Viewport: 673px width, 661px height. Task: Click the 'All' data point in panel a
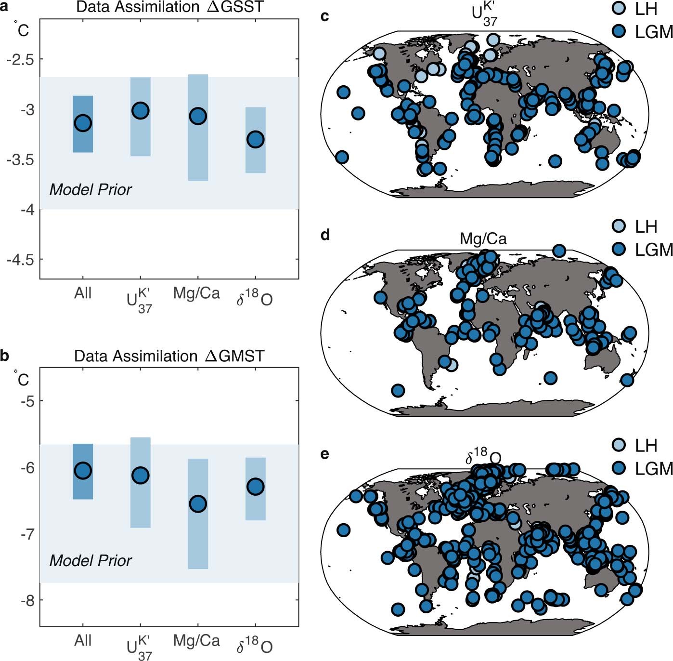click(83, 123)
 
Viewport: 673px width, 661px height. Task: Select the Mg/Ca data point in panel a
click(198, 116)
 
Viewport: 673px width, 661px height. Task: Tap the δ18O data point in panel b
click(255, 487)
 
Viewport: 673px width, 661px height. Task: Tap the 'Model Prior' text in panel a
click(91, 190)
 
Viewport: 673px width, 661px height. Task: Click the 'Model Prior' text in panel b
click(91, 561)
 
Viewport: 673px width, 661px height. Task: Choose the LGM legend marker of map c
click(620, 32)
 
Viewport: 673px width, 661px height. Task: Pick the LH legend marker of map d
click(620, 226)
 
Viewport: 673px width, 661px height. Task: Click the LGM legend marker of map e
click(620, 468)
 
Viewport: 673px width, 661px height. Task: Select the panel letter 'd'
click(325, 235)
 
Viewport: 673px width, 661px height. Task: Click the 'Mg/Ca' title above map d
click(483, 238)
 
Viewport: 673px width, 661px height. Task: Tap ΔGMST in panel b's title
click(234, 357)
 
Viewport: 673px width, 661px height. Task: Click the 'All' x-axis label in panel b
click(83, 641)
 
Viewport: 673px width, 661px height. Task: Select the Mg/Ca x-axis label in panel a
click(196, 293)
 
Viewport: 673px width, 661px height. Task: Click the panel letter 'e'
click(325, 454)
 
